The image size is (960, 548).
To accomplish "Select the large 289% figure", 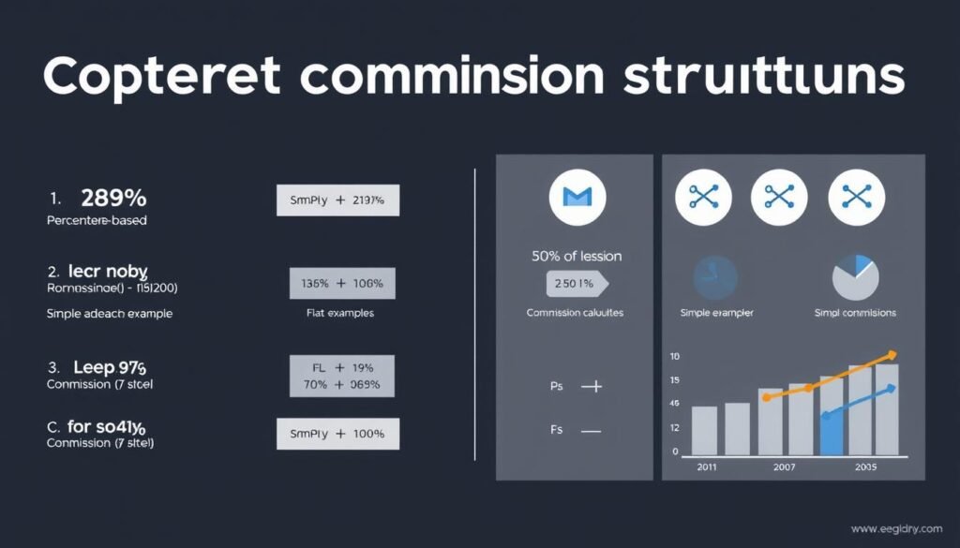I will point(113,198).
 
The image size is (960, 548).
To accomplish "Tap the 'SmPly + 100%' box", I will point(337,435).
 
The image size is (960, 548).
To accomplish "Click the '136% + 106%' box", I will point(342,283).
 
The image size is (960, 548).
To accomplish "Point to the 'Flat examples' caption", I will point(340,313).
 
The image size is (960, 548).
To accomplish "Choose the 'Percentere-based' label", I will point(97,221).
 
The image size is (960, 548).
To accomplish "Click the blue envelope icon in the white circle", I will point(577,197).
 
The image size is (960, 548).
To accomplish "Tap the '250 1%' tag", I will point(574,284).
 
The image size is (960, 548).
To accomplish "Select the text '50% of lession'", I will point(576,256).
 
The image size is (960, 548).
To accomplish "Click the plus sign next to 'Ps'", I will point(592,385).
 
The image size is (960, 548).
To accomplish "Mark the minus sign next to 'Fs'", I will point(591,432).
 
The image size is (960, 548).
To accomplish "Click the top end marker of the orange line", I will point(892,355).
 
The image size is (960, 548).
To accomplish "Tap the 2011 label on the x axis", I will point(706,466).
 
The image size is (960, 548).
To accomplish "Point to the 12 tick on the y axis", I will point(674,427).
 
